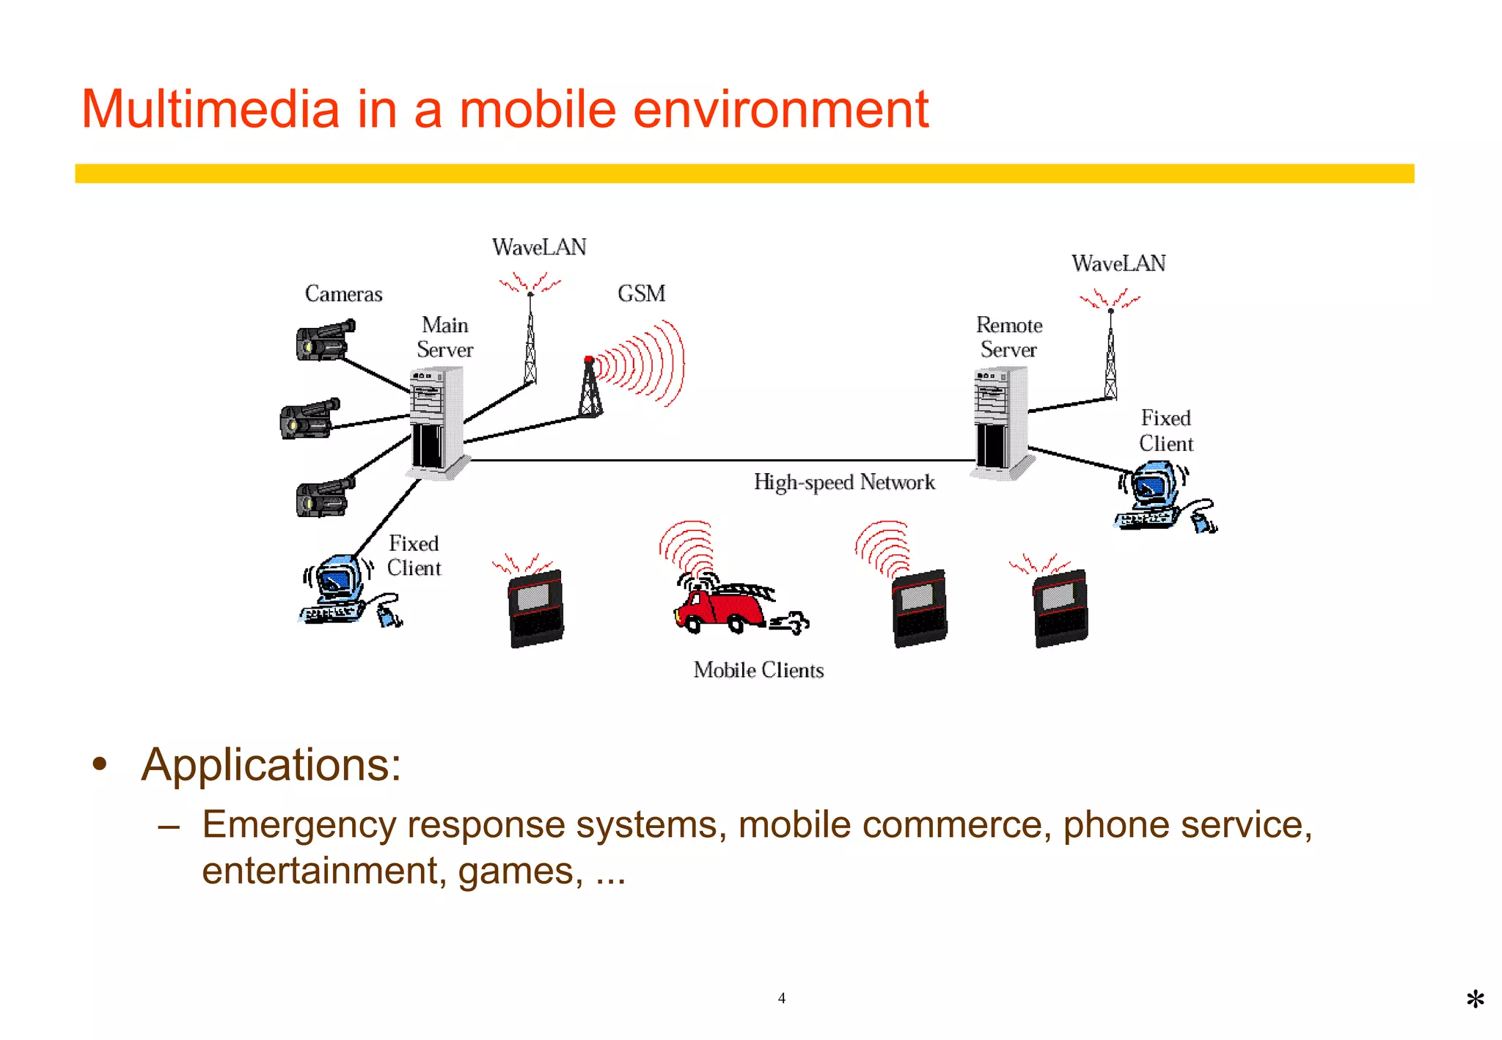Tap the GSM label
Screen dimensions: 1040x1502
(x=641, y=293)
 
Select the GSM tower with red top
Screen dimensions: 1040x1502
(x=590, y=389)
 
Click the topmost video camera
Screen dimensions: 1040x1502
(x=324, y=340)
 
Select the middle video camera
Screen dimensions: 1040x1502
(x=309, y=420)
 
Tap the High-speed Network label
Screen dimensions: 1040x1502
(x=844, y=483)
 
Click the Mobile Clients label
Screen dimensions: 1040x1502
(x=758, y=670)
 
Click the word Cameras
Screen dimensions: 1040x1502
(x=343, y=294)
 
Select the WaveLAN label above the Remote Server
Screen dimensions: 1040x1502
(x=1118, y=263)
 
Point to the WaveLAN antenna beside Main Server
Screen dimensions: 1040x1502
(x=530, y=337)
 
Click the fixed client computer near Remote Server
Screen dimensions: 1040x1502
(x=1159, y=495)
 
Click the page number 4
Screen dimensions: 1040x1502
(x=781, y=998)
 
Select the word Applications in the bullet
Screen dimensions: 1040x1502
(x=270, y=765)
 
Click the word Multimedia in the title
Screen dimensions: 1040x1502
(x=210, y=109)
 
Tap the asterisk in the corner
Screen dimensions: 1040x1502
(x=1475, y=1000)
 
